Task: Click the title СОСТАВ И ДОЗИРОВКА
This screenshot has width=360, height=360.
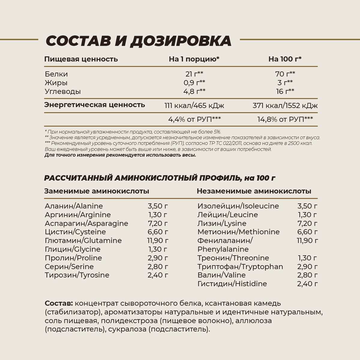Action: coord(139,41)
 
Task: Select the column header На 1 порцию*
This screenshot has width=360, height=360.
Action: coord(194,59)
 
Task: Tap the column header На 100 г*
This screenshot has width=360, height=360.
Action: coord(285,59)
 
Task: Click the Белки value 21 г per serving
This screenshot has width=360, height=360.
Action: coord(194,74)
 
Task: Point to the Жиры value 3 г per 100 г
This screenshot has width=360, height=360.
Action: coord(285,83)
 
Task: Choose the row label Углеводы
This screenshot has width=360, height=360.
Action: coord(63,91)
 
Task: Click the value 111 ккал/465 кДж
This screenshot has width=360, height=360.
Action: coord(194,106)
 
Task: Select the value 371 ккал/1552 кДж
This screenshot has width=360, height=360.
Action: coord(285,106)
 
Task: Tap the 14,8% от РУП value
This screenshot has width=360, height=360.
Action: coord(285,119)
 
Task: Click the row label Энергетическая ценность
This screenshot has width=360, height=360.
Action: coord(94,105)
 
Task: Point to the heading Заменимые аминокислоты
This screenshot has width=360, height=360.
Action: coord(97,191)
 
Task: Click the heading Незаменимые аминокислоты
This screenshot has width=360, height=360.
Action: coord(254,191)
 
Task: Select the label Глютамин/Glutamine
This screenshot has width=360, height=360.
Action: coord(83,241)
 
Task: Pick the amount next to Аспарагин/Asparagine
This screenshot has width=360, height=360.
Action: coord(157,223)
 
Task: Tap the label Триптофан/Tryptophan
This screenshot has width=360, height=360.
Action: coord(240,267)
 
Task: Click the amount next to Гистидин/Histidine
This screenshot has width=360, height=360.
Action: coord(307,284)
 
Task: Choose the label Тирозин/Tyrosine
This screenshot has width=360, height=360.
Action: coord(77,275)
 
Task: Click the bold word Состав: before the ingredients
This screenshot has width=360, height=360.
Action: coord(58,303)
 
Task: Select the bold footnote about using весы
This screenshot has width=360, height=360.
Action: coord(120,155)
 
